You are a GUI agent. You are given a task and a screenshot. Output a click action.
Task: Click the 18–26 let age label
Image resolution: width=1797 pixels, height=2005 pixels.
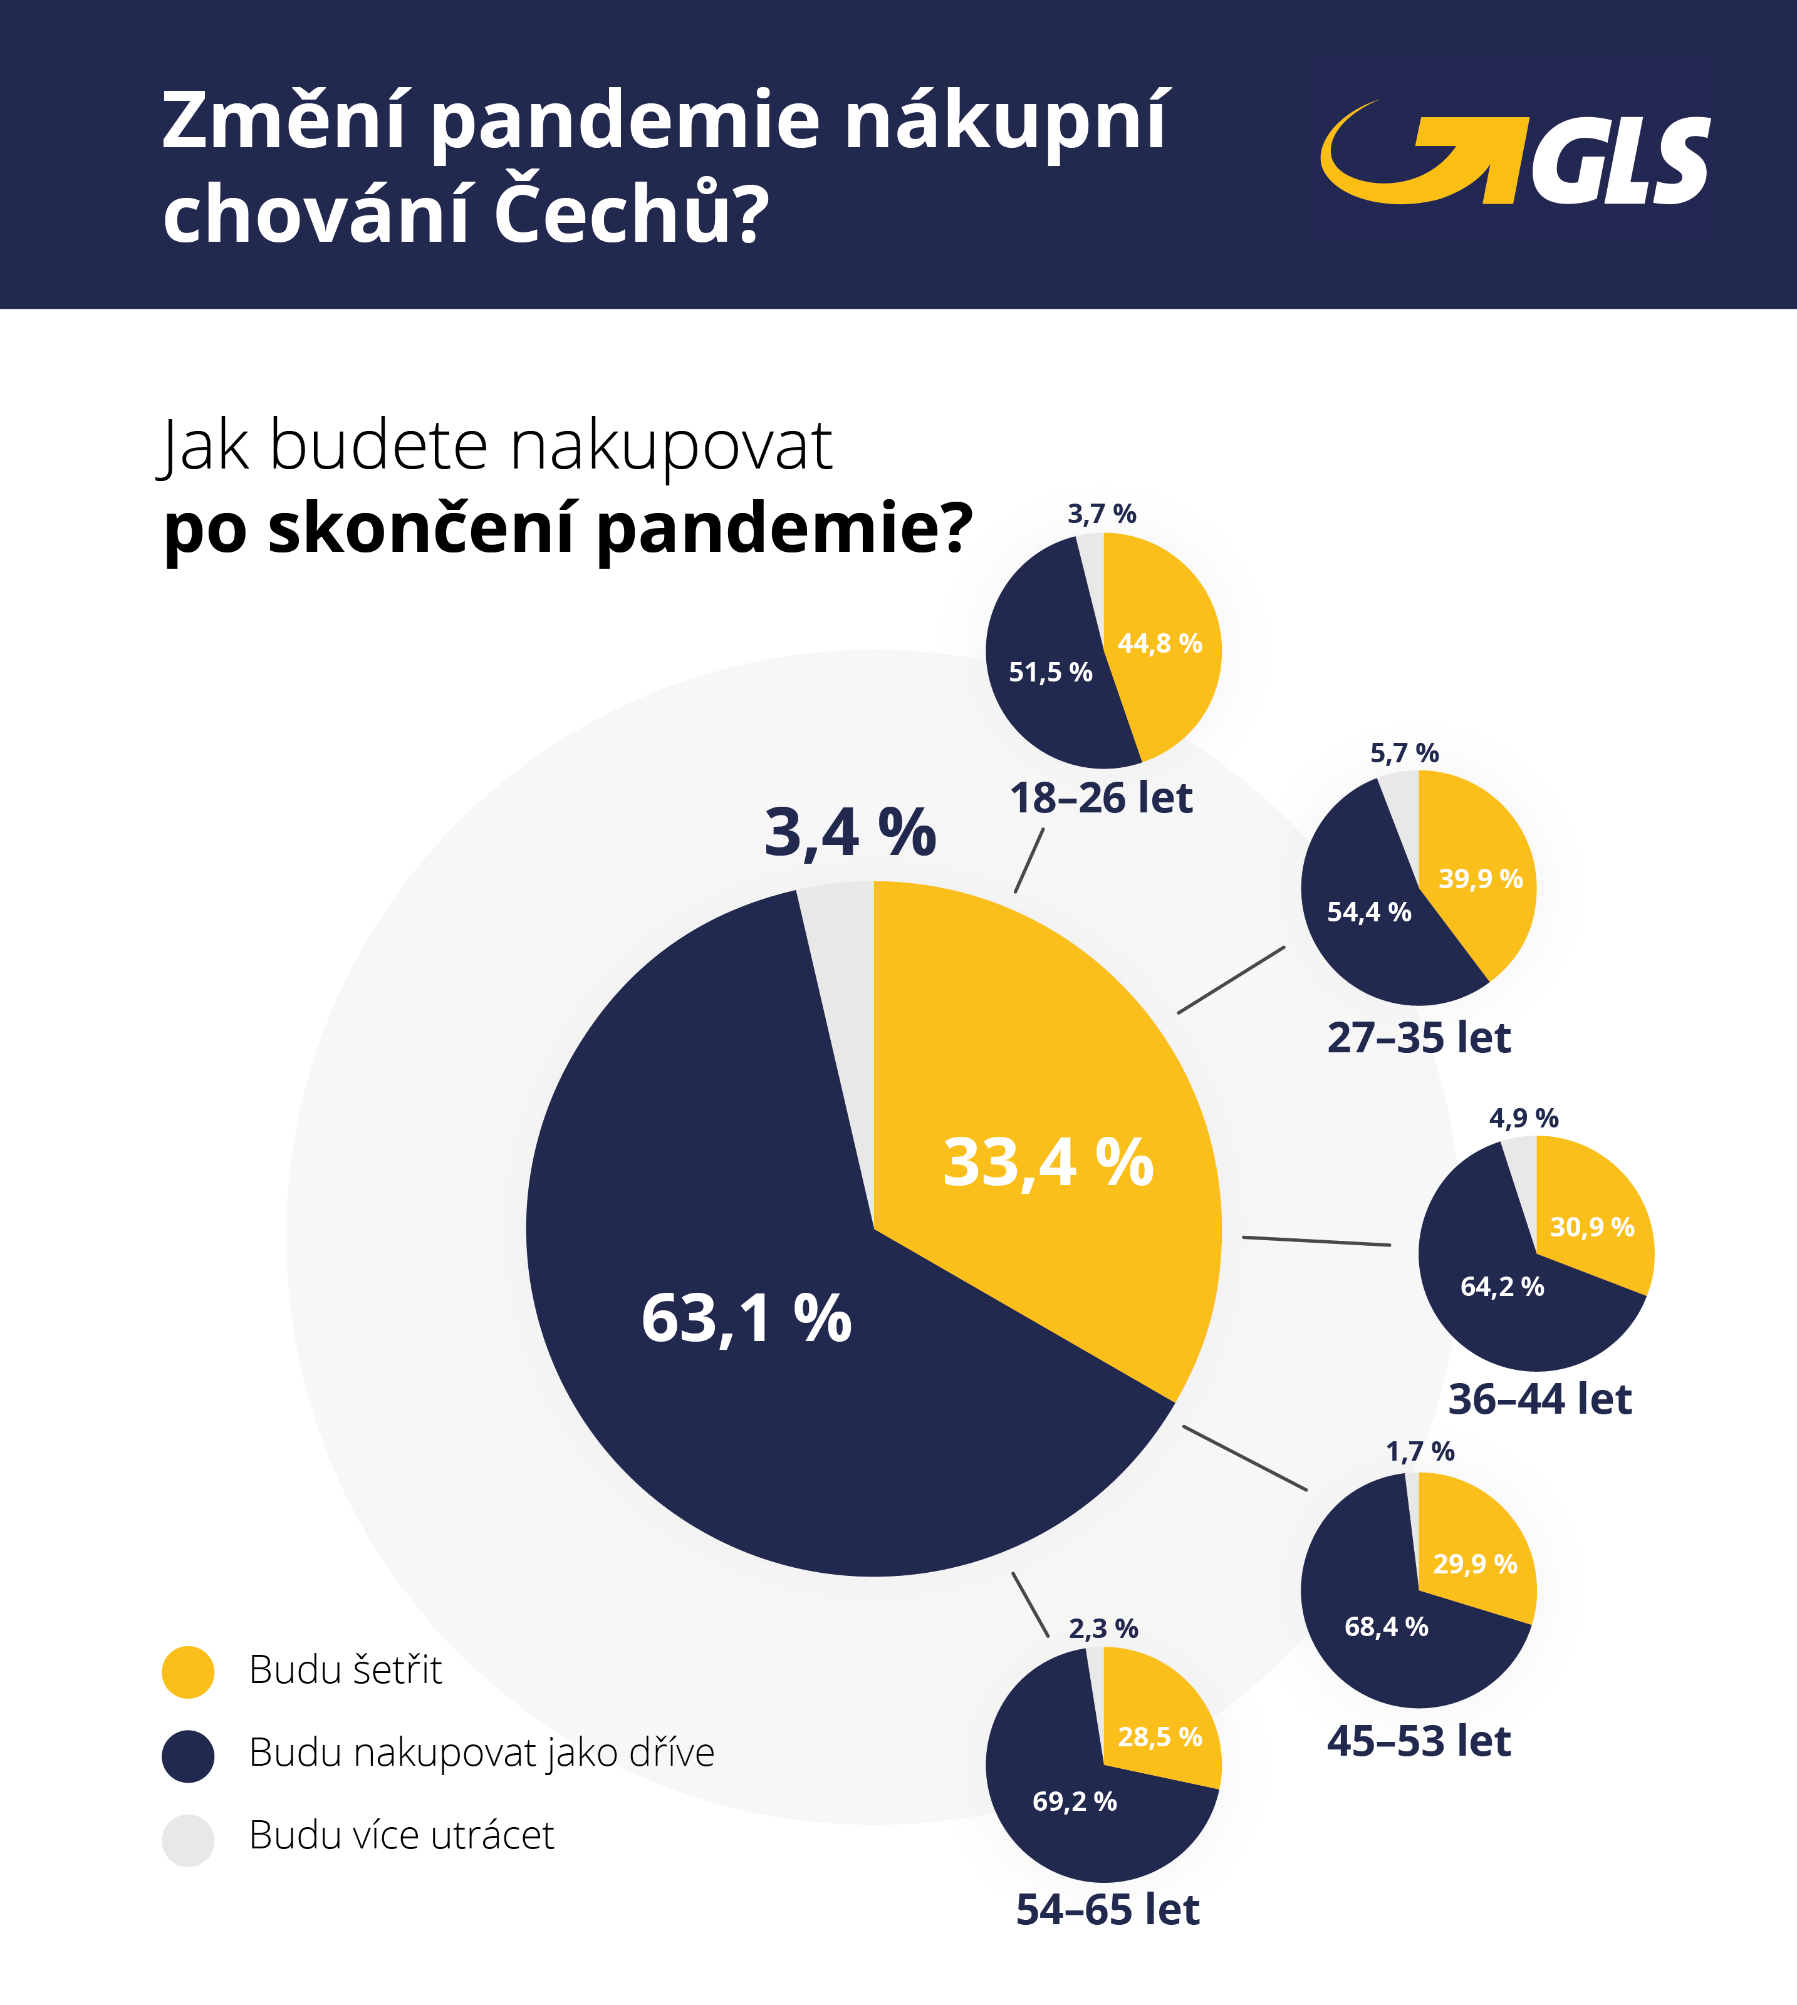pos(1101,797)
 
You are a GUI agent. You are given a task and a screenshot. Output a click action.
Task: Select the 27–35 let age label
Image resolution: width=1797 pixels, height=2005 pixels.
pos(1419,1037)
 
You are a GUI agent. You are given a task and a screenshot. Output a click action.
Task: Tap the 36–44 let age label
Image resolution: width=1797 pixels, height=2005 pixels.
pos(1539,1399)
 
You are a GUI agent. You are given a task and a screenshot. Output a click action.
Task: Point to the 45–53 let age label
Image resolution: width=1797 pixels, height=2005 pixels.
pos(1419,1741)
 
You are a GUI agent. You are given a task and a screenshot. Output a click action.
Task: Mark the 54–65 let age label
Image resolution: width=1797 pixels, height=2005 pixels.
pos(1107,1909)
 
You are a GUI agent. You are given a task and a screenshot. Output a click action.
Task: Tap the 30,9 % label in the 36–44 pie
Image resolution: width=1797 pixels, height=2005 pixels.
pos(1591,1227)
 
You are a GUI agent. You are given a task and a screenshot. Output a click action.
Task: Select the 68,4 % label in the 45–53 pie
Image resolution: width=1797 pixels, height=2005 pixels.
pos(1386,1627)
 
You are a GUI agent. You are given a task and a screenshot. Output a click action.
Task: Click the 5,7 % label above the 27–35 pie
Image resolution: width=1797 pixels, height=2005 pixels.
pos(1404,754)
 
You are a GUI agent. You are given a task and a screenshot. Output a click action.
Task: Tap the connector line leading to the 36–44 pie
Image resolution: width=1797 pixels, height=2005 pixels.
pos(1316,1241)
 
